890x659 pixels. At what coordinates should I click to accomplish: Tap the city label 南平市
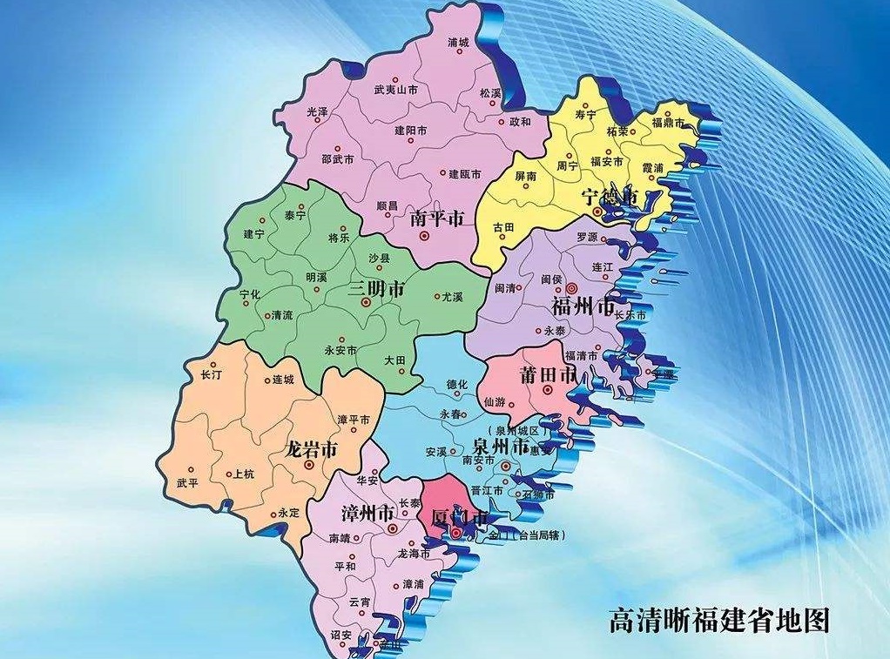point(435,221)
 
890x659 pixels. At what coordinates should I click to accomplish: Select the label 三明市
point(375,288)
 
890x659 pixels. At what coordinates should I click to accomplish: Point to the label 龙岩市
point(311,450)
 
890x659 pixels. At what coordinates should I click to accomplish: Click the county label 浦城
point(458,42)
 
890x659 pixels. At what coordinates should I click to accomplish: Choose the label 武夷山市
point(395,90)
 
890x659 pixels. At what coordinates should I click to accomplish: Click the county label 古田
point(504,226)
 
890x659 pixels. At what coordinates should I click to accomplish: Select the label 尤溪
point(451,297)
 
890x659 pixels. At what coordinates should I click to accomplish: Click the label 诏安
point(340,635)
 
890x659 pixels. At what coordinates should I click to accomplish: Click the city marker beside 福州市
point(571,288)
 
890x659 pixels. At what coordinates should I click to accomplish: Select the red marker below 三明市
point(366,302)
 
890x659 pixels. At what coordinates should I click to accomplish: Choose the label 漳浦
point(414,583)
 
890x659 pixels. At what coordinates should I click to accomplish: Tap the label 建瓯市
point(465,174)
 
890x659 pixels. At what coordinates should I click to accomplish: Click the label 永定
point(289,514)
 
